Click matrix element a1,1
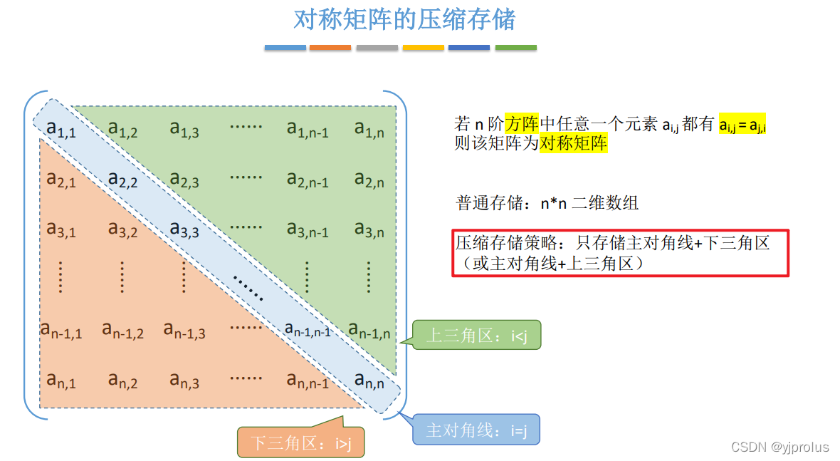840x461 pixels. tap(61, 128)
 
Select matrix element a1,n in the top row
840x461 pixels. tap(369, 128)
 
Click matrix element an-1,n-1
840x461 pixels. tap(308, 329)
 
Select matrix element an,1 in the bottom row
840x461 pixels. tap(61, 380)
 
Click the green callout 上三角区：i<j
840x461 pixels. tap(476, 336)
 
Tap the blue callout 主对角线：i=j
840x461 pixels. tap(476, 430)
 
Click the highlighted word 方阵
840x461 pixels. tap(522, 123)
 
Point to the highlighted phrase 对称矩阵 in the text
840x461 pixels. tap(573, 143)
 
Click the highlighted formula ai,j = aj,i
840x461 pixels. tap(742, 125)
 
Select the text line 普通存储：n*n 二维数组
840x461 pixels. tap(547, 203)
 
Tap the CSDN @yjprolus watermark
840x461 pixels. tap(779, 447)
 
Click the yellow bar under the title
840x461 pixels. tap(423, 48)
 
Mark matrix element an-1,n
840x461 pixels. tap(369, 330)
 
